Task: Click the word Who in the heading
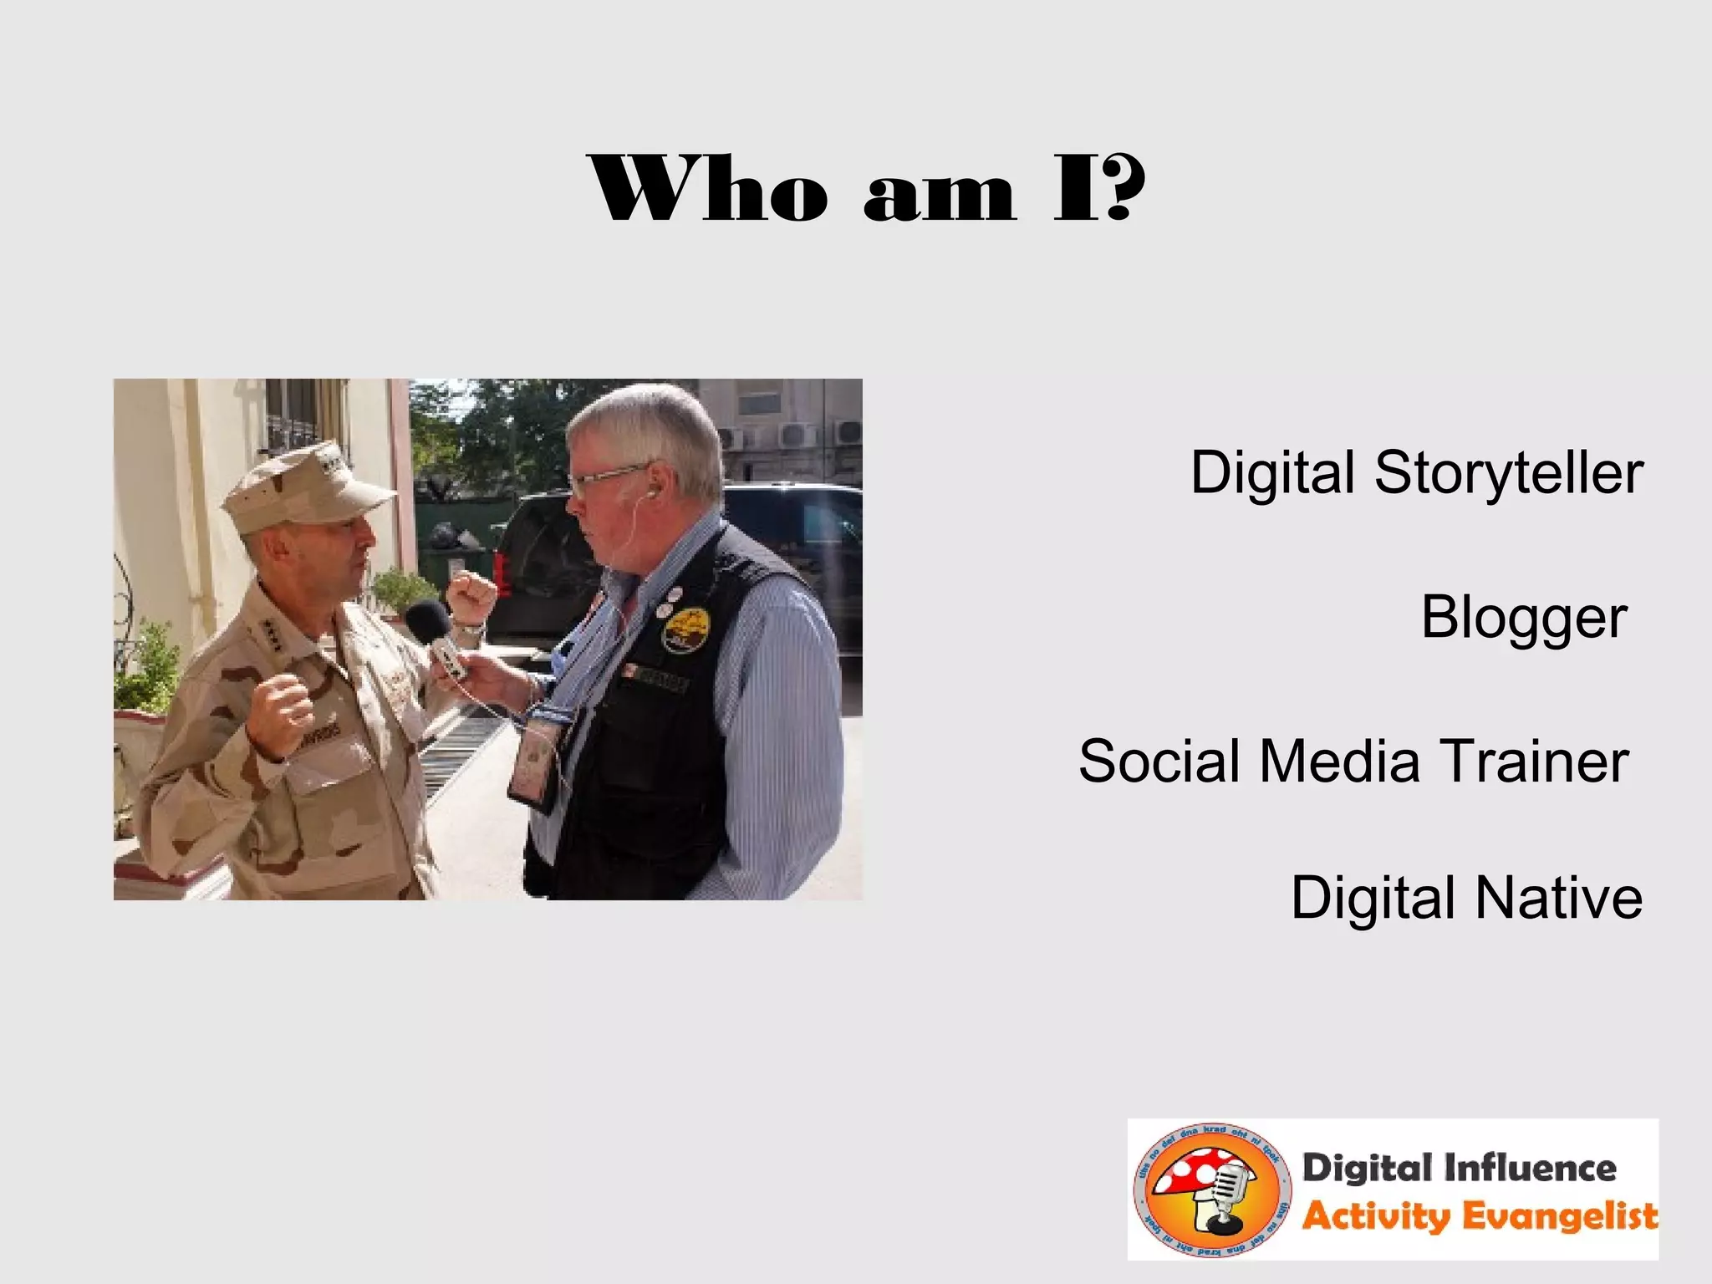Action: pyautogui.click(x=709, y=189)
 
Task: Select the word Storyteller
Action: pyautogui.click(x=1509, y=473)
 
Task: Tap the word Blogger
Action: pyautogui.click(x=1523, y=619)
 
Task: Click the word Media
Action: pyautogui.click(x=1339, y=762)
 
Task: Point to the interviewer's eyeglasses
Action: pyautogui.click(x=606, y=478)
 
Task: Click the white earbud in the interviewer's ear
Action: pyautogui.click(x=650, y=493)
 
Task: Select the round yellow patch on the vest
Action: pyautogui.click(x=685, y=627)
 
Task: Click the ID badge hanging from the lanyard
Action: pyautogui.click(x=535, y=761)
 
